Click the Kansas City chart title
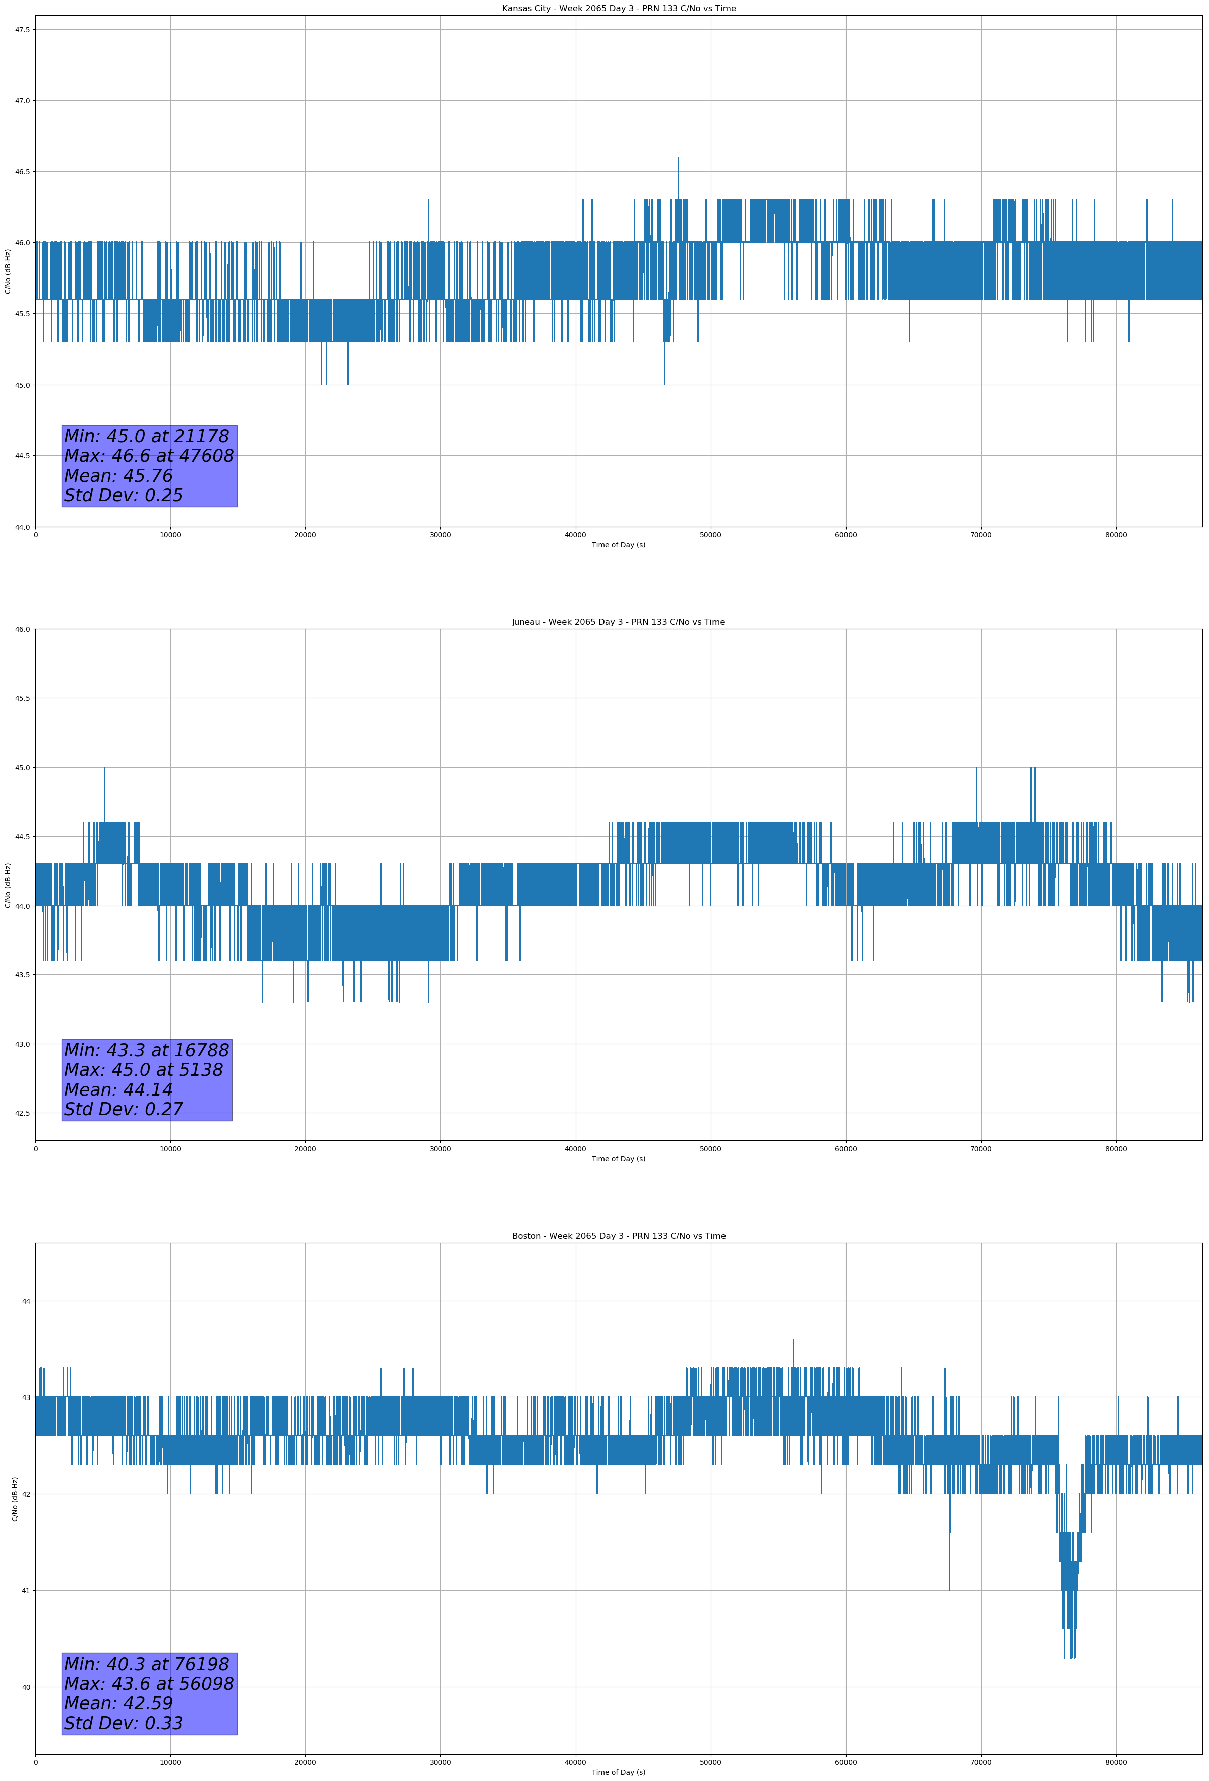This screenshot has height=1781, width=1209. pyautogui.click(x=618, y=9)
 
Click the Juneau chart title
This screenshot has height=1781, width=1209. pyautogui.click(x=618, y=622)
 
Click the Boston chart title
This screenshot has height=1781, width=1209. pyautogui.click(x=618, y=1236)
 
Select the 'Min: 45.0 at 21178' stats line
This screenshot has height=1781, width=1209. pyautogui.click(x=147, y=436)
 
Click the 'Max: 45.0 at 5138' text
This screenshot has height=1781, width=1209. pyautogui.click(x=144, y=1070)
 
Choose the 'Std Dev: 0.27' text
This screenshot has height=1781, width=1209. pyautogui.click(x=124, y=1110)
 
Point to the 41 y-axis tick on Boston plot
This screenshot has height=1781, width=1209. pyautogui.click(x=25, y=1590)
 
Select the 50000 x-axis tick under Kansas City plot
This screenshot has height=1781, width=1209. pyautogui.click(x=710, y=535)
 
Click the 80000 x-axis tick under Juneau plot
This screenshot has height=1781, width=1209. pyautogui.click(x=1116, y=1149)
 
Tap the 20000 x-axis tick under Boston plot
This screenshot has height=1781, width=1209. pyautogui.click(x=305, y=1762)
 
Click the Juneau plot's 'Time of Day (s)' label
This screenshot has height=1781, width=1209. pyautogui.click(x=618, y=1159)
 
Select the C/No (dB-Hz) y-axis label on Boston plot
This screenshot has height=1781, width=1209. pyautogui.click(x=15, y=1499)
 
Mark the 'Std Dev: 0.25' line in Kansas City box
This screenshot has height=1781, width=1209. pyautogui.click(x=124, y=496)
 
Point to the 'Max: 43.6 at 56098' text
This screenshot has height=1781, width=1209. pyautogui.click(x=149, y=1684)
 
